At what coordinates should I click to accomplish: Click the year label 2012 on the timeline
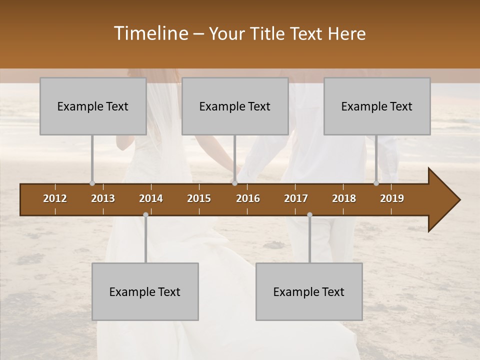[x=55, y=198]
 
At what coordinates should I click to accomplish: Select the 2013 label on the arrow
[x=103, y=198]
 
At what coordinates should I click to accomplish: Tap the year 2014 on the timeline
[x=151, y=198]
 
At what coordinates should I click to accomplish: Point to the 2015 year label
[x=199, y=198]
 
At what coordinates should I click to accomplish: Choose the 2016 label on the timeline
[x=248, y=198]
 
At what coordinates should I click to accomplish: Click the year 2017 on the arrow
[x=296, y=198]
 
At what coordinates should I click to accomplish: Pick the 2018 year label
[x=344, y=198]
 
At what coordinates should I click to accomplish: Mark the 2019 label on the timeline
[x=392, y=198]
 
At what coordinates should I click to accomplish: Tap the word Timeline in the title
[x=150, y=33]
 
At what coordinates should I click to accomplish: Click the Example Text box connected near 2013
[x=93, y=106]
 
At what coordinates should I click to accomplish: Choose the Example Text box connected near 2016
[x=235, y=106]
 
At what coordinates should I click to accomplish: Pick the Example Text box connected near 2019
[x=377, y=106]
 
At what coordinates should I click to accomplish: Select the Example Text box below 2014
[x=145, y=291]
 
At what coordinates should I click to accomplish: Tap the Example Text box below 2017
[x=309, y=291]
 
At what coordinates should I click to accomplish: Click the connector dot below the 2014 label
[x=145, y=214]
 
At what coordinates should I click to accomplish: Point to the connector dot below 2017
[x=309, y=214]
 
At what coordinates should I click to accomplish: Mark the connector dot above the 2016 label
[x=234, y=183]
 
